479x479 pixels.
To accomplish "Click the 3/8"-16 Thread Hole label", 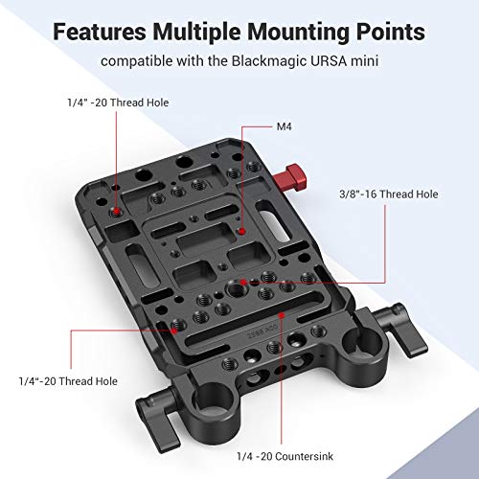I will point(387,194).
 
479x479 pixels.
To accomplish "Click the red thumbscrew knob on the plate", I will point(297,178).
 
